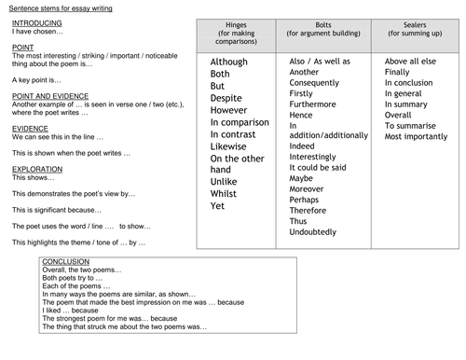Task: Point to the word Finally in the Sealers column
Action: coord(397,71)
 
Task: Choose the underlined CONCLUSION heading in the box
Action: coord(64,261)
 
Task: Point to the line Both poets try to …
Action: coord(74,280)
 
